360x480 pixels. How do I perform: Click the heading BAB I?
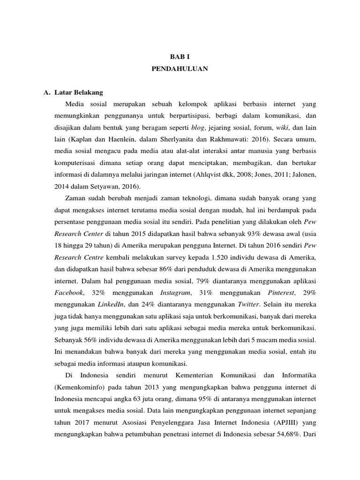[x=180, y=55]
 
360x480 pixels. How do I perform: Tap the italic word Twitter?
[x=245, y=304]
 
